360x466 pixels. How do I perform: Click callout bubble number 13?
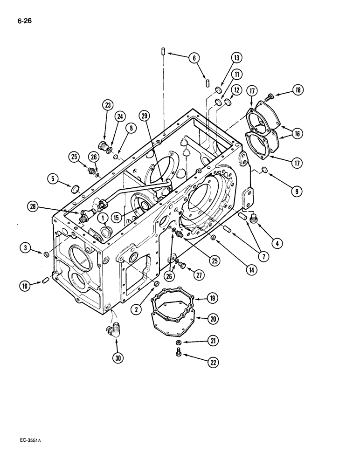pos(236,58)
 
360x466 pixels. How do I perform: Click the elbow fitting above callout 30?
pos(113,332)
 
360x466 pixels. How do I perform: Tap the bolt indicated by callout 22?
pos(179,355)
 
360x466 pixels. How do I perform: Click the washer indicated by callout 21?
pos(179,343)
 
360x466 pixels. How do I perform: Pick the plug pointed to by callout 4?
pos(254,219)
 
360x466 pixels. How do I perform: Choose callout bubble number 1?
pos(101,218)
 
